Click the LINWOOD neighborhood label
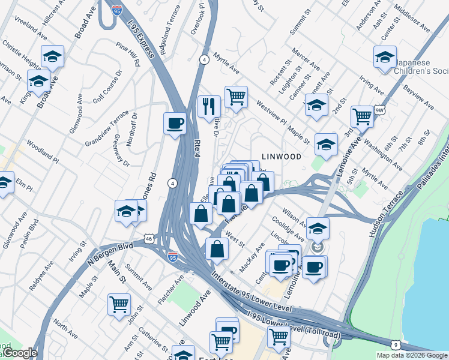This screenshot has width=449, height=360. [280, 157]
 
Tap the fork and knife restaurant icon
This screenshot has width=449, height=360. [209, 107]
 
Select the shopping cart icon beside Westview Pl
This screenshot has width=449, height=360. [237, 96]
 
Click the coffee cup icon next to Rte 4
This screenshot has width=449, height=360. [175, 124]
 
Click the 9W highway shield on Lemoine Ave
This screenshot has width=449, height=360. [379, 110]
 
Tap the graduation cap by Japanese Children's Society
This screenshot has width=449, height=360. [385, 58]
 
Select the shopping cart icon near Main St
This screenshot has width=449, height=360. [119, 304]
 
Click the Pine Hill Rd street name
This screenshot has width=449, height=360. [128, 54]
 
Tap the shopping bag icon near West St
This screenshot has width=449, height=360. [217, 248]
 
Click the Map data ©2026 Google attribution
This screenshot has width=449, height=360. [411, 355]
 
